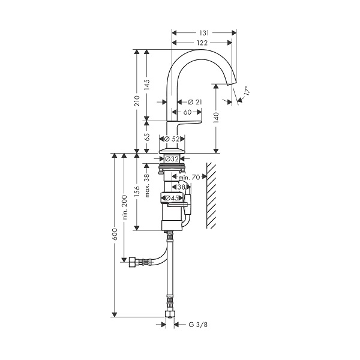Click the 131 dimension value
tap(204, 33)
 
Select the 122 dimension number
tap(202, 43)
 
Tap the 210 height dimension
tap(137, 101)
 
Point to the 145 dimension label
tap(147, 85)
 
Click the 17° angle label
tap(247, 91)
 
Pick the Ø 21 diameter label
tap(194, 102)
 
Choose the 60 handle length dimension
tap(188, 112)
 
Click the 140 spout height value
tap(216, 118)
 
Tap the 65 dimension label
tap(147, 137)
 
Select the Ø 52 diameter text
tap(172, 139)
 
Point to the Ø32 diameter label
tap(172, 159)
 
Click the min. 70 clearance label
tap(189, 177)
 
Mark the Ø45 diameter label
tap(172, 198)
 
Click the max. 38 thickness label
tap(147, 185)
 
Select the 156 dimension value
tap(137, 192)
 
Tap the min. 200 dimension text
tap(125, 208)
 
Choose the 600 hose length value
tap(115, 234)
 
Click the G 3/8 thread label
tap(198, 325)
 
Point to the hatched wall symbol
tap(211, 196)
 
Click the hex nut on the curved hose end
tap(133, 262)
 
